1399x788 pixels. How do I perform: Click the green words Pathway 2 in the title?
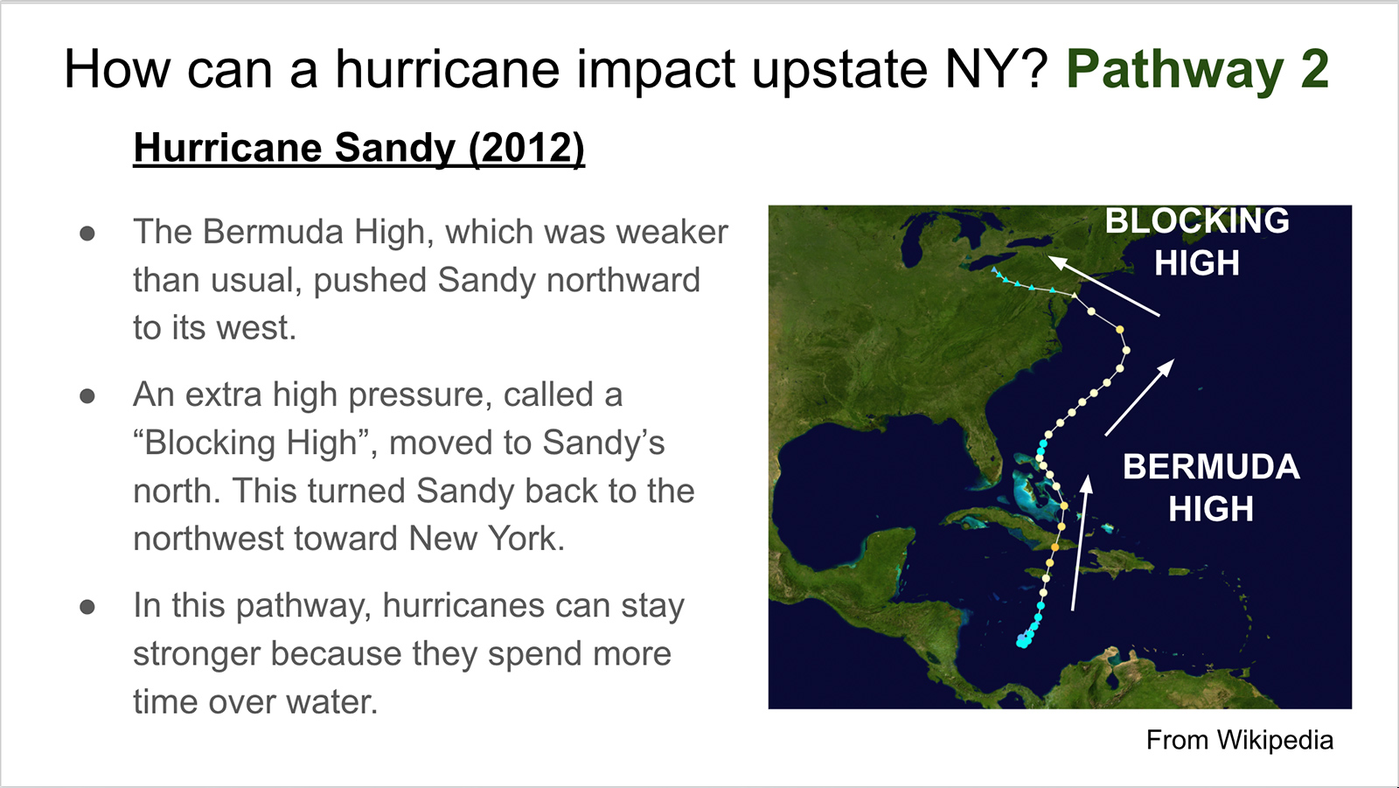(x=1197, y=69)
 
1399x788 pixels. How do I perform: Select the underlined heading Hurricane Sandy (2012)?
(x=359, y=148)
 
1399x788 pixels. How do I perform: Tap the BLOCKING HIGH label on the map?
(x=1197, y=241)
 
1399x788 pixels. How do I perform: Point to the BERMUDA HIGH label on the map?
(x=1211, y=487)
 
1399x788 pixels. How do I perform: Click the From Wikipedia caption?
(x=1240, y=740)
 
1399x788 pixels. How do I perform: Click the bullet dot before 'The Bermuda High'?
(x=87, y=234)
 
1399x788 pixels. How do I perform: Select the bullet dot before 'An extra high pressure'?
(x=87, y=396)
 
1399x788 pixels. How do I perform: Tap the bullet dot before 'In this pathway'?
(x=87, y=607)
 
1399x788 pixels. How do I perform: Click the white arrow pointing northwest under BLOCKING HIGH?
(x=1103, y=286)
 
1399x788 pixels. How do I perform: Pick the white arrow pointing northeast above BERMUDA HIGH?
(x=1140, y=397)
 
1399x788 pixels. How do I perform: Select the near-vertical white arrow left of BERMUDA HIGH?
(x=1081, y=542)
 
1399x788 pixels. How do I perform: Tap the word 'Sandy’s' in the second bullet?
(x=603, y=443)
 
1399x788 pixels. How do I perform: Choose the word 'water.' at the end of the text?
(x=332, y=701)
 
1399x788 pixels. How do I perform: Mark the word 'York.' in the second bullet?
(x=525, y=538)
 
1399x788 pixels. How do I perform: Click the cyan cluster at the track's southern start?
(x=1024, y=639)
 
